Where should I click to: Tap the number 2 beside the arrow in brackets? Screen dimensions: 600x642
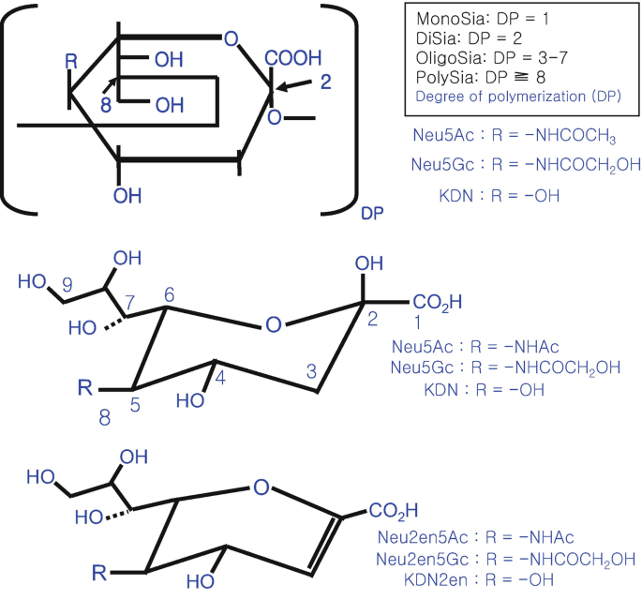pyautogui.click(x=325, y=82)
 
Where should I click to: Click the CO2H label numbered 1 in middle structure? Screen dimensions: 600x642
pyautogui.click(x=437, y=302)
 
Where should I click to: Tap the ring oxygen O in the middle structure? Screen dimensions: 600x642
pyautogui.click(x=273, y=325)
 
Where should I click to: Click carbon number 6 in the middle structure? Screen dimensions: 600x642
pyautogui.click(x=168, y=293)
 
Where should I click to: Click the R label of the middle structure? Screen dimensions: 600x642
pyautogui.click(x=86, y=387)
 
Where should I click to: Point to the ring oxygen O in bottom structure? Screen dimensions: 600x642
pyautogui.click(x=261, y=487)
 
